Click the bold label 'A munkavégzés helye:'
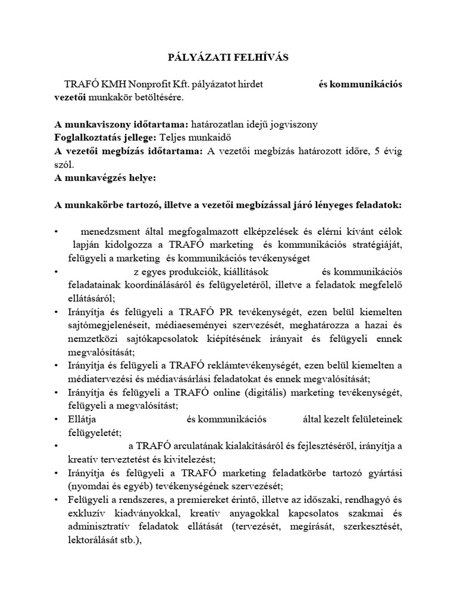[x=105, y=178]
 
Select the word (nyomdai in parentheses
[x=87, y=486]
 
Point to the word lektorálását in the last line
[x=96, y=540]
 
